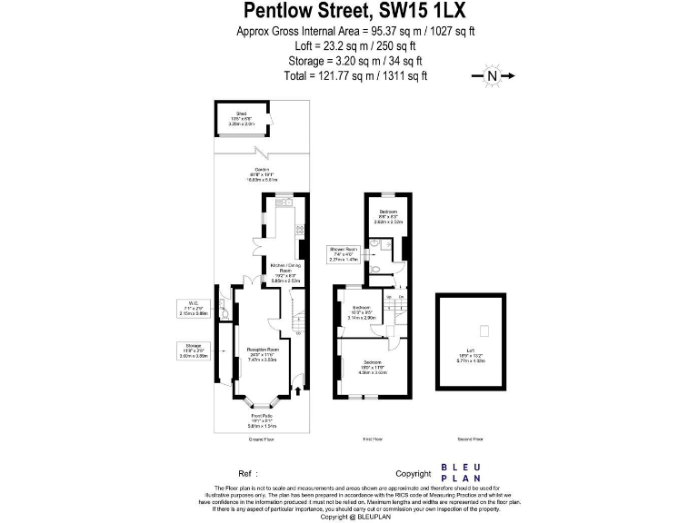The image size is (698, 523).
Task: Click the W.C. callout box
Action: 195,310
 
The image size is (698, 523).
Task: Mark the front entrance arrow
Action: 297,392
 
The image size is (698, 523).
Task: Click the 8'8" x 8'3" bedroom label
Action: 389,215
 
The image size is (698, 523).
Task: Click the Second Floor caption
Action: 471,439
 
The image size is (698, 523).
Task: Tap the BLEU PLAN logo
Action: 461,473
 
